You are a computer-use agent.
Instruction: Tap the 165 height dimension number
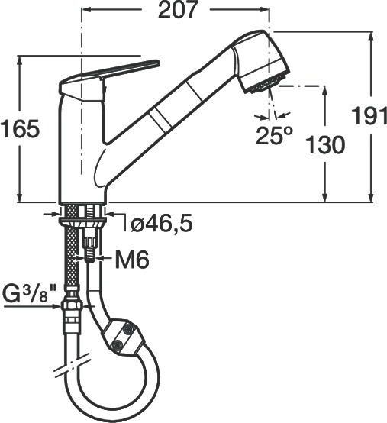point(20,128)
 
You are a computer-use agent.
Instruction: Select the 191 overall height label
point(369,116)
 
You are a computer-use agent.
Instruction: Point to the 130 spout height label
point(326,144)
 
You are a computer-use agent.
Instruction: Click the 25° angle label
point(274,135)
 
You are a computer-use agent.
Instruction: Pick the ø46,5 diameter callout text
point(162,223)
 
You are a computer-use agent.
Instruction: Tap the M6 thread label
point(132,260)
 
